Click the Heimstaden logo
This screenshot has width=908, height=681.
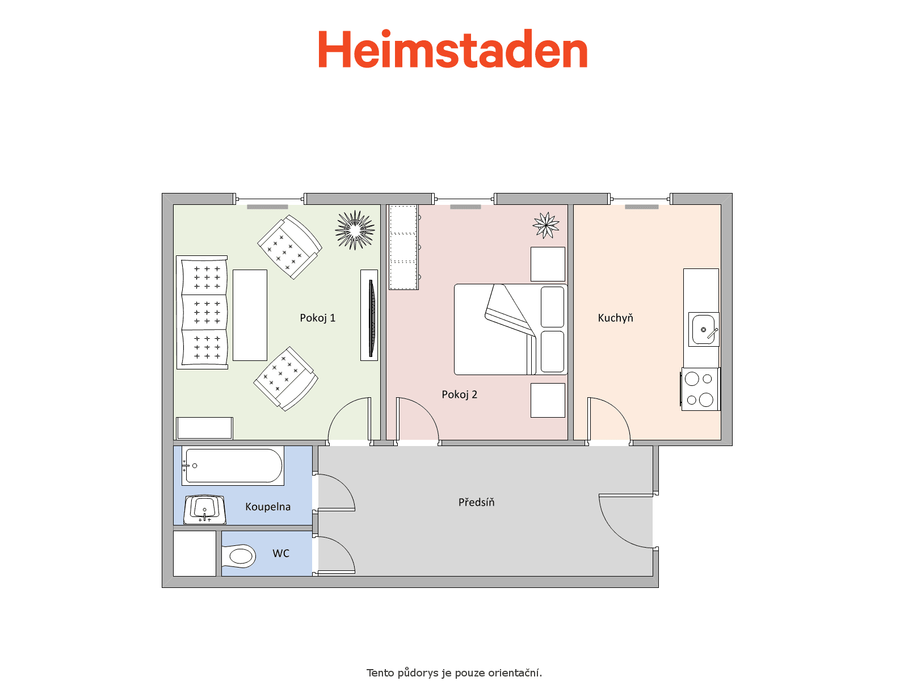(452, 49)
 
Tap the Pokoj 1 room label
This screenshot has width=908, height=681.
(317, 318)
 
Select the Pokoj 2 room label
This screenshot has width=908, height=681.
(459, 394)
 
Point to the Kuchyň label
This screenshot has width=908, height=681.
(615, 318)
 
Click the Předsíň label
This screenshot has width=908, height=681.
(476, 502)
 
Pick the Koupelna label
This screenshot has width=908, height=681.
(268, 507)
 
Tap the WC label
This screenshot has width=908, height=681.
(281, 553)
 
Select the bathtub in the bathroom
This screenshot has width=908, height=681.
(233, 465)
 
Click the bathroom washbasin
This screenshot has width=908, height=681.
(204, 509)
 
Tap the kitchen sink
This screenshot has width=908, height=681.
(703, 329)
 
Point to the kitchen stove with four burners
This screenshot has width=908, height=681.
(700, 389)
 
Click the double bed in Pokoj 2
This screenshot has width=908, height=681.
(510, 329)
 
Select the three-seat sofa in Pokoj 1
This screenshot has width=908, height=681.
(202, 312)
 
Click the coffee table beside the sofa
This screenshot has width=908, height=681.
(250, 315)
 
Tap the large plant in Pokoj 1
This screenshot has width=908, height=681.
(355, 230)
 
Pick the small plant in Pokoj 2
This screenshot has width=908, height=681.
(545, 225)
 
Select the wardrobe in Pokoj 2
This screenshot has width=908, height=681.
(403, 247)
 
